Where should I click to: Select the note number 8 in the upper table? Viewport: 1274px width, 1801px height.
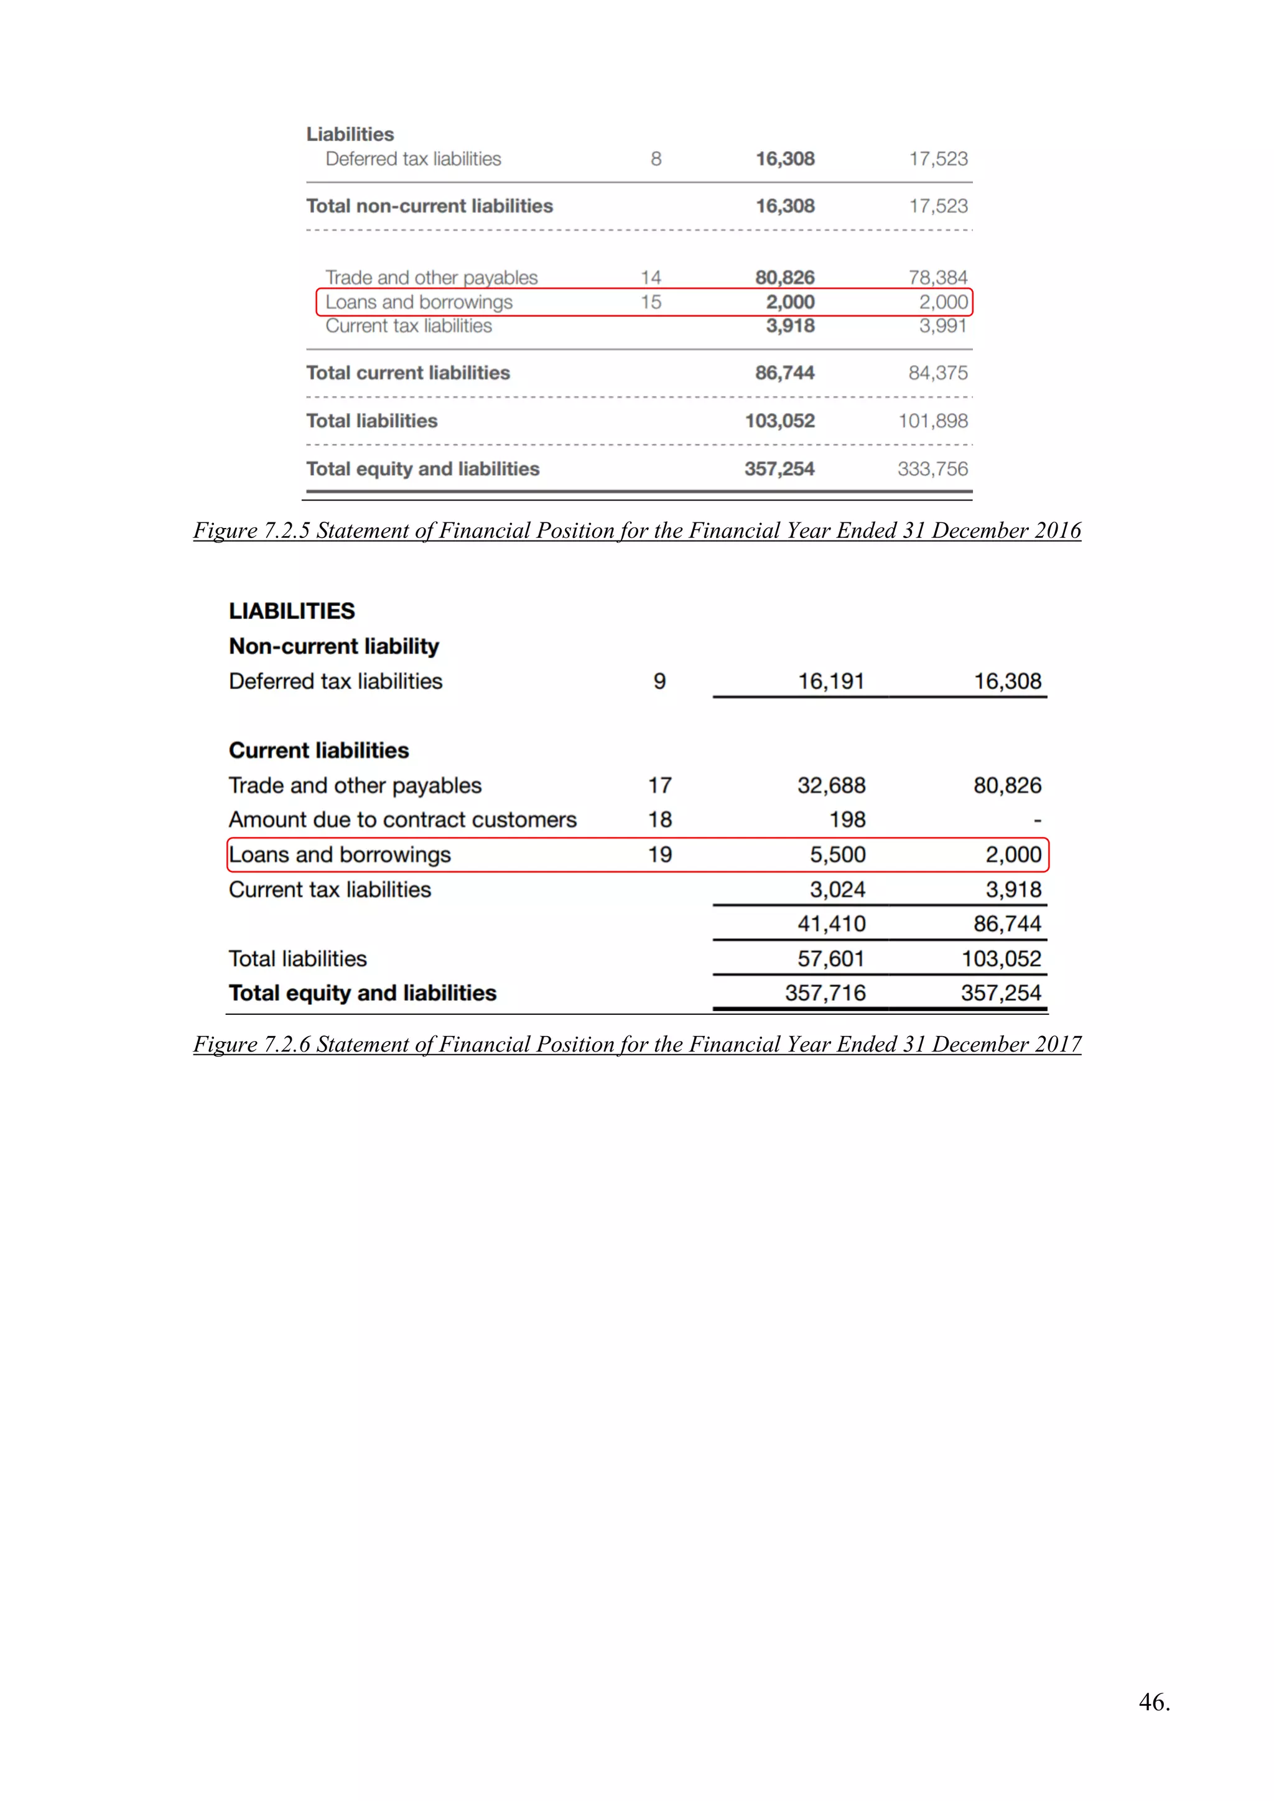(656, 159)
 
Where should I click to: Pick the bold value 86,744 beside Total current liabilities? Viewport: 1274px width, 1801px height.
(784, 373)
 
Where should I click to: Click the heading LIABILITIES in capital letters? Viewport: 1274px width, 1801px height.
(292, 611)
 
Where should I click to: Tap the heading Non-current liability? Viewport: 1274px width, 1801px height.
(333, 646)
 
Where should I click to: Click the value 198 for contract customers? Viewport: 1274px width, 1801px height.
(847, 820)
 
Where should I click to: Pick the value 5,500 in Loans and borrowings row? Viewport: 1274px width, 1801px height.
(837, 855)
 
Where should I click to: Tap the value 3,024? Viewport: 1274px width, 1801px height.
(837, 889)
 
